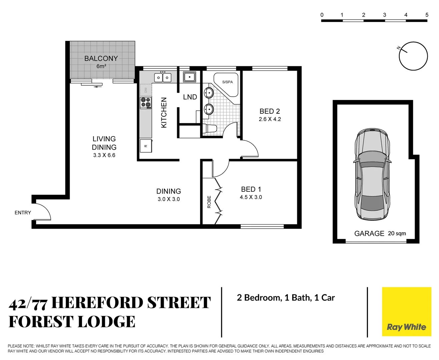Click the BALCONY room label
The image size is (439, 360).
101,58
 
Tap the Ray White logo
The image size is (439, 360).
406,327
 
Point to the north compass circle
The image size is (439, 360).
413,56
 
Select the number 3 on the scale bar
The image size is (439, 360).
385,15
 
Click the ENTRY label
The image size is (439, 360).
23,213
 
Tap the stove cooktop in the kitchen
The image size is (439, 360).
146,103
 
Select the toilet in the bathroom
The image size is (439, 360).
210,128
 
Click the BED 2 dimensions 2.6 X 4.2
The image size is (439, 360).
270,119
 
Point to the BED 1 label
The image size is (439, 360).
251,189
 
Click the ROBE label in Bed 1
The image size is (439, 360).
209,202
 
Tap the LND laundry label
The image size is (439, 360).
190,97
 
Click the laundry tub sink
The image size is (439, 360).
189,77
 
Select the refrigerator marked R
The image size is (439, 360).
146,146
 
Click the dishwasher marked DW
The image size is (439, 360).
146,90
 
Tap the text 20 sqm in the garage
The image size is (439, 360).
397,233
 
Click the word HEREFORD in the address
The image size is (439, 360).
97,303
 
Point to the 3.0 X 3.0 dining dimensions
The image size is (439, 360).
168,199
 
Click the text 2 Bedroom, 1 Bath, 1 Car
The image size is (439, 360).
286,298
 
